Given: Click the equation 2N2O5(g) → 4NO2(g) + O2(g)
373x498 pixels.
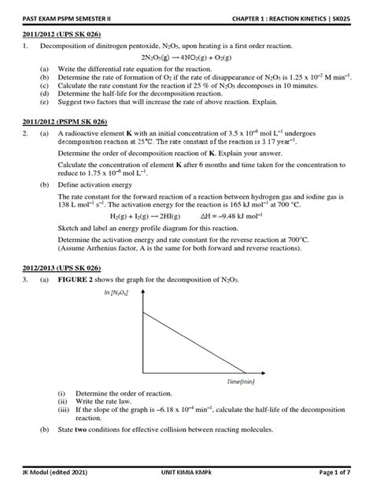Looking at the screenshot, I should (186, 58).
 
